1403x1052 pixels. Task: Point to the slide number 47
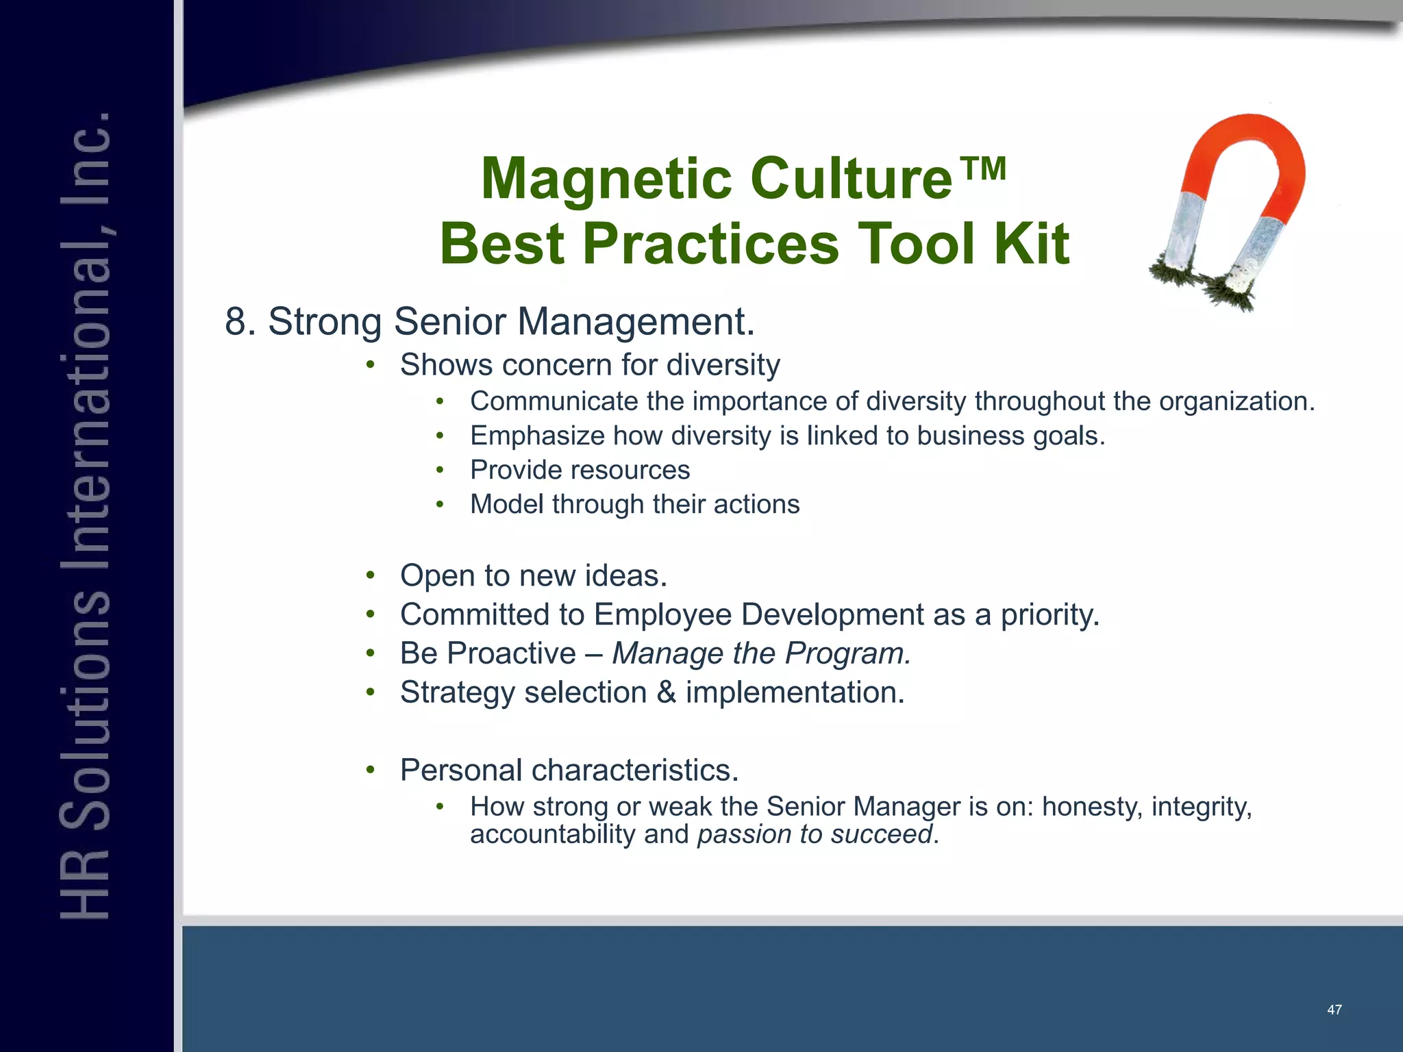1334,1010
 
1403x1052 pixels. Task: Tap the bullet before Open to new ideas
370,575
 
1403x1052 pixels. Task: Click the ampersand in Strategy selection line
666,692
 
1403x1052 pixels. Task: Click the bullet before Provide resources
440,471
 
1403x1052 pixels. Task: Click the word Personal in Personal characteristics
461,771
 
